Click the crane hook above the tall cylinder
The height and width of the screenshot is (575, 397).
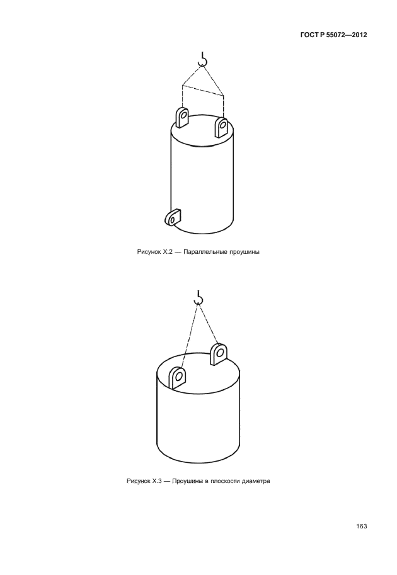[202, 61]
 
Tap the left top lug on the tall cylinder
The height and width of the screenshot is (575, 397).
[182, 117]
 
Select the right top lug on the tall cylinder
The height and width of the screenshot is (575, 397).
[222, 127]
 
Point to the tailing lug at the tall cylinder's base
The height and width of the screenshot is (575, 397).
[173, 217]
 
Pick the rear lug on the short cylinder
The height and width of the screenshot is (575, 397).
[219, 353]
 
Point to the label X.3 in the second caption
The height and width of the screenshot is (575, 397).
[157, 481]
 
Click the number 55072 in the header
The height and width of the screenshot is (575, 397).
[331, 35]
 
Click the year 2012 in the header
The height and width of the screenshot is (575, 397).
[359, 35]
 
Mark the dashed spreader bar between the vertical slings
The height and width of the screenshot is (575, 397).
[203, 90]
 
